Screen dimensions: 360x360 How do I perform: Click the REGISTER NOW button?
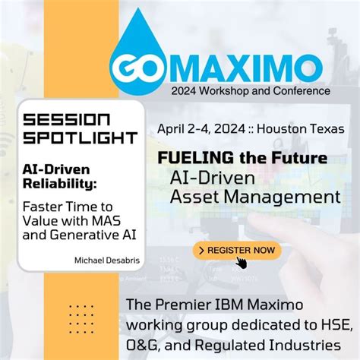237,250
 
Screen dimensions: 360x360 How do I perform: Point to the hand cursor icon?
242,263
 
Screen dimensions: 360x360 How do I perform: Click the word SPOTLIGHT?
80,138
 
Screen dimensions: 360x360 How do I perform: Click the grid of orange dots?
81,319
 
